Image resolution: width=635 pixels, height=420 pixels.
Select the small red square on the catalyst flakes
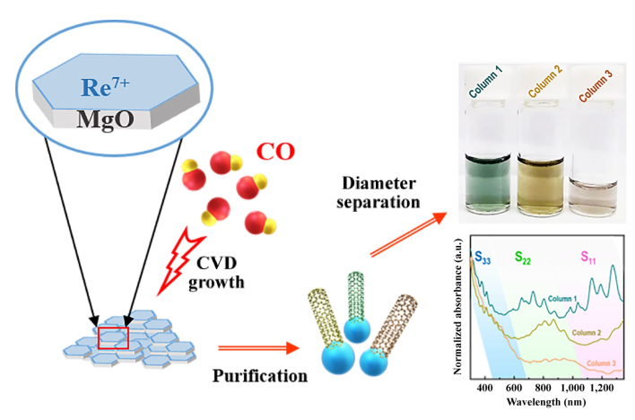point(113,337)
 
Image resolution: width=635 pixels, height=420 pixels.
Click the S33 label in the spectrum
point(484,255)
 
